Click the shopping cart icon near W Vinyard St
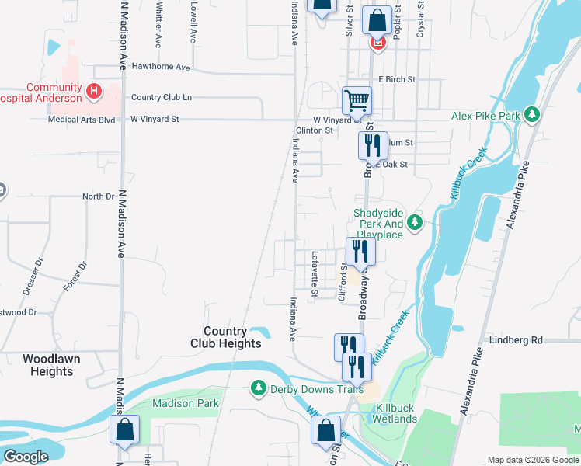tap(357, 99)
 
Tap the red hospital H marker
tap(94, 92)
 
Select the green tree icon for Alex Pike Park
tap(532, 116)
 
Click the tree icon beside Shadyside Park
tap(415, 224)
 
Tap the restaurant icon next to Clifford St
tap(360, 251)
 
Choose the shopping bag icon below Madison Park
tap(124, 430)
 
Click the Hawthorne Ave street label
tap(161, 68)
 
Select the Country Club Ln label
tap(161, 97)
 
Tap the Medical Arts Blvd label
tap(81, 120)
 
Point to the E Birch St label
tap(397, 79)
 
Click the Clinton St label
tap(315, 130)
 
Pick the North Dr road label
tap(99, 196)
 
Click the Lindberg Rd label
tap(515, 340)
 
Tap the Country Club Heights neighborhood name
tap(226, 337)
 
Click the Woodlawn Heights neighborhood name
tap(58, 365)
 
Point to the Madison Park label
tap(186, 403)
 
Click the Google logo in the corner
tap(26, 457)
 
